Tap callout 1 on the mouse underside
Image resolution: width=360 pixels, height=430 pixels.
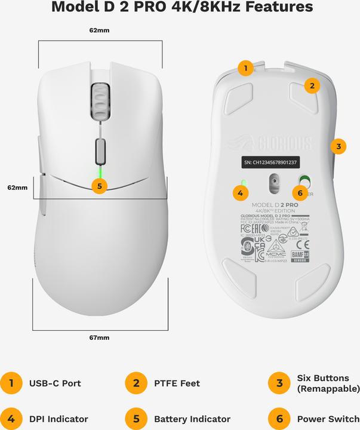[x=245, y=68]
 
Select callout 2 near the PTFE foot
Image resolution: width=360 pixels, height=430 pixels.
[x=310, y=85]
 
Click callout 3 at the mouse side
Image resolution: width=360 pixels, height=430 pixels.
[x=338, y=146]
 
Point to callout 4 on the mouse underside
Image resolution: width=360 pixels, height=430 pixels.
[x=240, y=193]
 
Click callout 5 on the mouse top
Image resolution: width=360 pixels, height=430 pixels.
[x=100, y=186]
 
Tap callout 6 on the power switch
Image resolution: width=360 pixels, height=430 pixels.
[x=300, y=193]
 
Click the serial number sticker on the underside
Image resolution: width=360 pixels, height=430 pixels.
[x=271, y=161]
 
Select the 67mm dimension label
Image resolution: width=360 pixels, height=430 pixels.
[x=100, y=338]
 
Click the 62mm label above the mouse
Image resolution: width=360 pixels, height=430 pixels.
[x=100, y=29]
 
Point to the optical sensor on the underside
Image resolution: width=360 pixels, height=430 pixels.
[x=274, y=183]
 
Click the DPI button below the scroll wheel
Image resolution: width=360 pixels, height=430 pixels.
[x=100, y=148]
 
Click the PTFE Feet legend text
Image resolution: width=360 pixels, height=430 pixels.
[x=177, y=383]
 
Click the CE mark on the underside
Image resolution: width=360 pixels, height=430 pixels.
[x=303, y=245]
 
